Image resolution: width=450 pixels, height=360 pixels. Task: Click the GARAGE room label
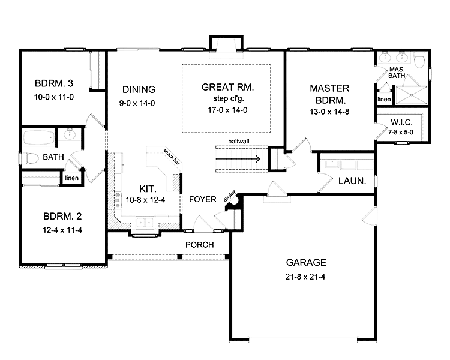coord(306,262)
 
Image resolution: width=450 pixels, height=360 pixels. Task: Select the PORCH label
coord(200,245)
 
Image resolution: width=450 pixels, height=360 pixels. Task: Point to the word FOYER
coord(203,199)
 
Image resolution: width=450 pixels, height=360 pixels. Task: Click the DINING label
coord(139,89)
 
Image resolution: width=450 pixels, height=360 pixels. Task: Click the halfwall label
coord(238,142)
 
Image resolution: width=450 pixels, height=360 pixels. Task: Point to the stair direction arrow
coord(238,160)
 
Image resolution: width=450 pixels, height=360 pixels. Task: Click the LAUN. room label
coord(352,181)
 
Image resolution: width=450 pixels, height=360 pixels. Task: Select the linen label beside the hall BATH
coord(71,178)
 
